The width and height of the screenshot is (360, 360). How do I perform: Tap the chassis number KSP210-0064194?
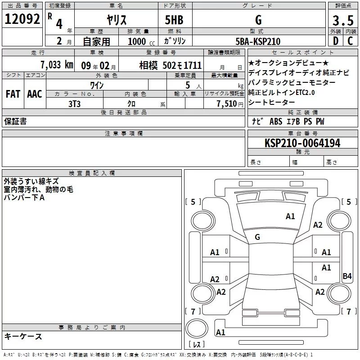click(x=302, y=143)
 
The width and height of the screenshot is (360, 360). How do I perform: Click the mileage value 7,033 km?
click(x=56, y=65)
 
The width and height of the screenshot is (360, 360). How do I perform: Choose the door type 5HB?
click(x=174, y=20)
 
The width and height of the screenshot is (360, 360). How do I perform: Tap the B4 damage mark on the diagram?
click(x=347, y=276)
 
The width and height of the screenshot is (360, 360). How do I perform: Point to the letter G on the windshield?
click(x=257, y=237)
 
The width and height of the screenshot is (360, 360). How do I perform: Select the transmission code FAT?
click(x=13, y=94)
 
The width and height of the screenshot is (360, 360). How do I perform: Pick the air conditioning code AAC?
click(x=34, y=94)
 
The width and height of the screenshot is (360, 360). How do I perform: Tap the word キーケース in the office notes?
click(x=23, y=336)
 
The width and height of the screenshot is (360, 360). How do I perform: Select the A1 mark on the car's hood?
click(x=290, y=216)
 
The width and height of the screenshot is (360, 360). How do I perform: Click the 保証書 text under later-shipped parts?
click(x=15, y=121)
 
